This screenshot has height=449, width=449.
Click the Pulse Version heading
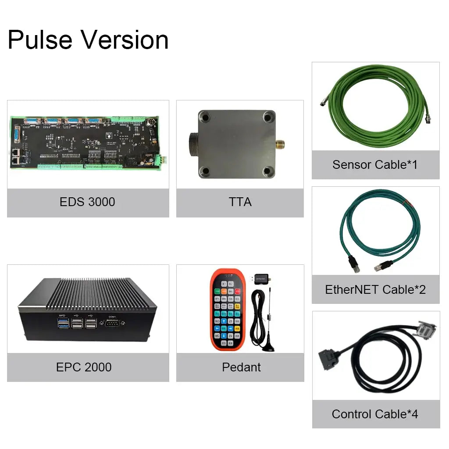click(88, 40)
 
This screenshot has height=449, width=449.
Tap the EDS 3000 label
click(87, 202)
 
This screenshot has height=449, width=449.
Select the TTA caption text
click(240, 202)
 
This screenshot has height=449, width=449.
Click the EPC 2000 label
click(84, 367)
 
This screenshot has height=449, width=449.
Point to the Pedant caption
click(241, 367)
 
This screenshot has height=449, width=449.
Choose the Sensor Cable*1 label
click(375, 165)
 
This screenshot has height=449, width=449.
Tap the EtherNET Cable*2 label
click(375, 289)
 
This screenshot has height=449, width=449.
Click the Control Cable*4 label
click(375, 414)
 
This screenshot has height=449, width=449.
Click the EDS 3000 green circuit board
click(88, 143)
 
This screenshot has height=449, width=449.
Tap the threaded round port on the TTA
click(192, 143)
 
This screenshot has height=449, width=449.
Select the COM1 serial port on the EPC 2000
click(112, 323)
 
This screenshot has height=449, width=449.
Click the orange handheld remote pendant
click(228, 310)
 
